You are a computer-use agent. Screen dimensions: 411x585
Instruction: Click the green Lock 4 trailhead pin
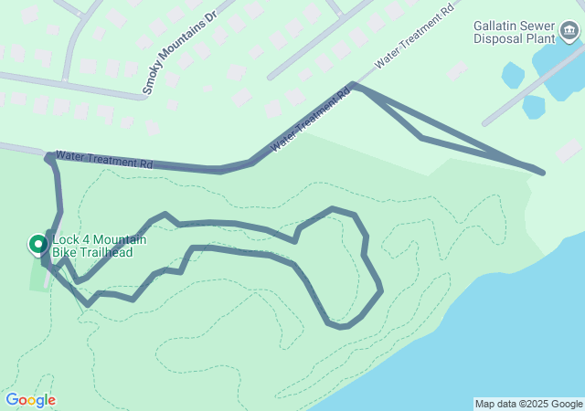(x=37, y=244)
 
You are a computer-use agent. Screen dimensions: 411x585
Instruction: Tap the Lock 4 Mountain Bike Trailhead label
(x=93, y=246)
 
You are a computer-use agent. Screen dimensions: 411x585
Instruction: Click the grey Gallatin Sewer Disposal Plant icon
(x=571, y=32)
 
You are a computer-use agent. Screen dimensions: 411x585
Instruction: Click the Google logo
(x=30, y=400)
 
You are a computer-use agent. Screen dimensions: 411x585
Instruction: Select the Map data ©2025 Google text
(x=528, y=404)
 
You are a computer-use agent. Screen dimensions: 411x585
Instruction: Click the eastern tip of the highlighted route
(x=542, y=172)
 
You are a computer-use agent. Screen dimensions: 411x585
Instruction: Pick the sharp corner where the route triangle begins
(x=354, y=85)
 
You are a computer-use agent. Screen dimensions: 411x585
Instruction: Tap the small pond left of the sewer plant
(x=513, y=75)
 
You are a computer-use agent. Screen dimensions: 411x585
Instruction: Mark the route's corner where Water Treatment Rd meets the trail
(x=48, y=158)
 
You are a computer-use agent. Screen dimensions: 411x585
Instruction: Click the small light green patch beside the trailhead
(x=37, y=277)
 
